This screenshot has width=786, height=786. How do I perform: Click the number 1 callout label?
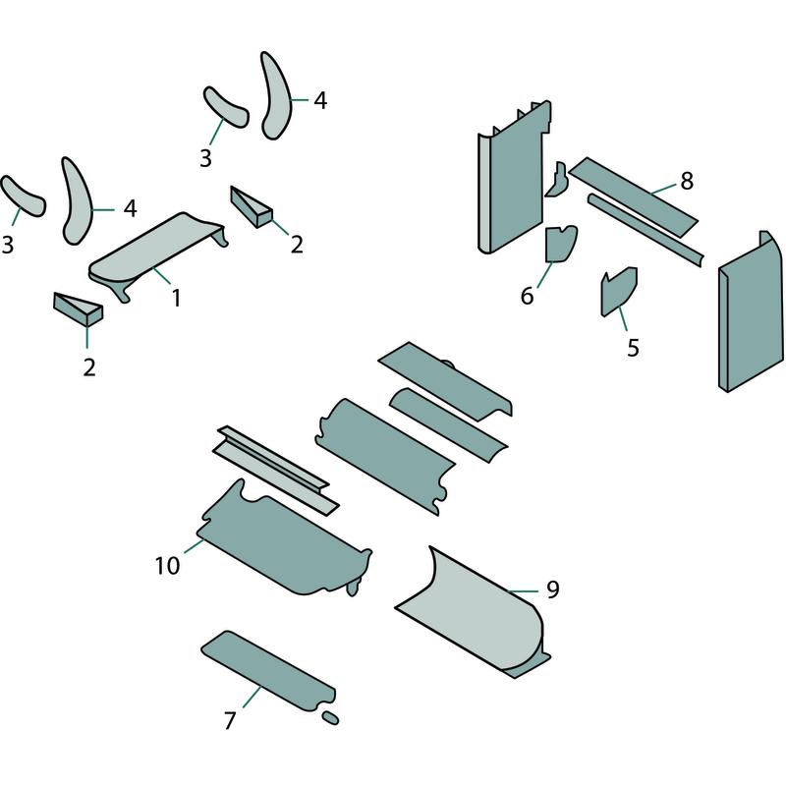click(176, 298)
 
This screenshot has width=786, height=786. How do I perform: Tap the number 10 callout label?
click(167, 566)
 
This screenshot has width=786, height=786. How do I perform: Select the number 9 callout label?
click(552, 589)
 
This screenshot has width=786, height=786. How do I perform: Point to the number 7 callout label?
click(230, 721)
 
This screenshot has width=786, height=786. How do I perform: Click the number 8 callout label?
click(687, 181)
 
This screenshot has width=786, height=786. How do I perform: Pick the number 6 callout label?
click(527, 296)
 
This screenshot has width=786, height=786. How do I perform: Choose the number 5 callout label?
click(633, 348)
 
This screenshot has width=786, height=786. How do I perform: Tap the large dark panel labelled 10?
click(286, 538)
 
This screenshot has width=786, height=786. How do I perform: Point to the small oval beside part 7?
click(330, 717)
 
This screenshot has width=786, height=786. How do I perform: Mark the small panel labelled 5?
click(619, 291)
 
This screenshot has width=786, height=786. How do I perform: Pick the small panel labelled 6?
click(561, 244)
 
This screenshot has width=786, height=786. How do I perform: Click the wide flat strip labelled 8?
click(633, 197)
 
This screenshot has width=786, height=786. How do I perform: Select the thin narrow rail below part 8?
click(646, 230)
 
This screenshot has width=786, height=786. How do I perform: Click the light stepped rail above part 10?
click(276, 470)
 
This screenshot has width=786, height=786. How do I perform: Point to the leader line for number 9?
click(523, 591)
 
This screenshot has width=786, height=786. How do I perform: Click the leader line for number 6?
click(545, 275)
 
